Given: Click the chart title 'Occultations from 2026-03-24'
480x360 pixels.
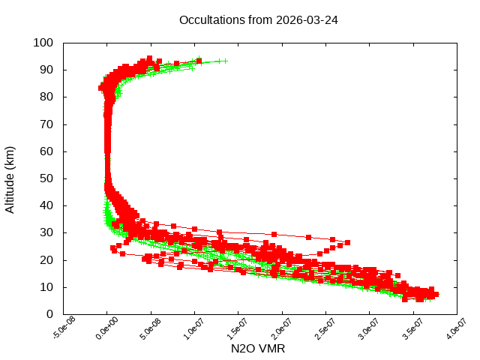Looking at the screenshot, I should [x=259, y=19].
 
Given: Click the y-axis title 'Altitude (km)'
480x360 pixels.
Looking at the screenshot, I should [x=10, y=178].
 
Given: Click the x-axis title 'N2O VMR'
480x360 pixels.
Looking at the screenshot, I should [x=258, y=348].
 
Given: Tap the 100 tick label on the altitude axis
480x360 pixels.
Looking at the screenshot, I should [x=43, y=43].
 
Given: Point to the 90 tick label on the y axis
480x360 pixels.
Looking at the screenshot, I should [x=46, y=70].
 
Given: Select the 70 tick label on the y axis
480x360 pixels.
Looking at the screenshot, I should [x=46, y=124].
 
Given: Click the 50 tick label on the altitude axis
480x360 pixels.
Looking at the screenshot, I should [x=46, y=178].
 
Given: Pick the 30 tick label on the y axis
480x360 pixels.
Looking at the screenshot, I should [x=46, y=232].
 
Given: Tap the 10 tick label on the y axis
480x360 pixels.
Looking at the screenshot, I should [x=46, y=287].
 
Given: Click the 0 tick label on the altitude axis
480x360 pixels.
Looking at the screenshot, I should [x=49, y=314].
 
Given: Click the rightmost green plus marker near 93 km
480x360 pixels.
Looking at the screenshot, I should [x=225, y=61].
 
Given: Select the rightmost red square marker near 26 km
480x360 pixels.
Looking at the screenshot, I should [x=347, y=242].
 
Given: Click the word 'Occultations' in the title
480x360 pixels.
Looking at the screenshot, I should [x=212, y=19].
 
